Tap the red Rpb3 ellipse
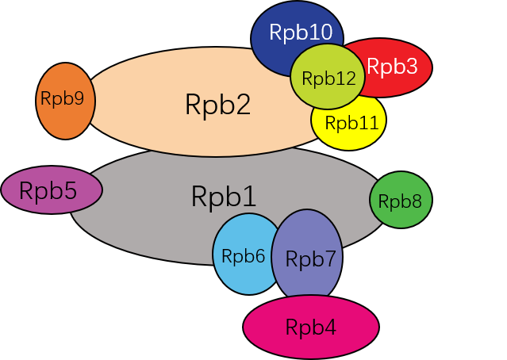click(401, 67)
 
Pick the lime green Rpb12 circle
click(327, 78)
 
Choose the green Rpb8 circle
click(400, 201)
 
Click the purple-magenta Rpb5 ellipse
click(52, 190)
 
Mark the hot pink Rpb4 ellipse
click(311, 327)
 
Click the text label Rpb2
click(217, 105)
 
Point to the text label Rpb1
click(224, 196)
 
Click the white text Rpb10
click(300, 33)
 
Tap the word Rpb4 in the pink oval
click(311, 327)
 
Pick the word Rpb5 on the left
click(48, 190)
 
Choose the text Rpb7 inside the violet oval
click(310, 258)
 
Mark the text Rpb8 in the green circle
click(400, 201)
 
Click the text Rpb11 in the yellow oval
click(351, 123)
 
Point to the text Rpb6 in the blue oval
click(243, 256)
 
